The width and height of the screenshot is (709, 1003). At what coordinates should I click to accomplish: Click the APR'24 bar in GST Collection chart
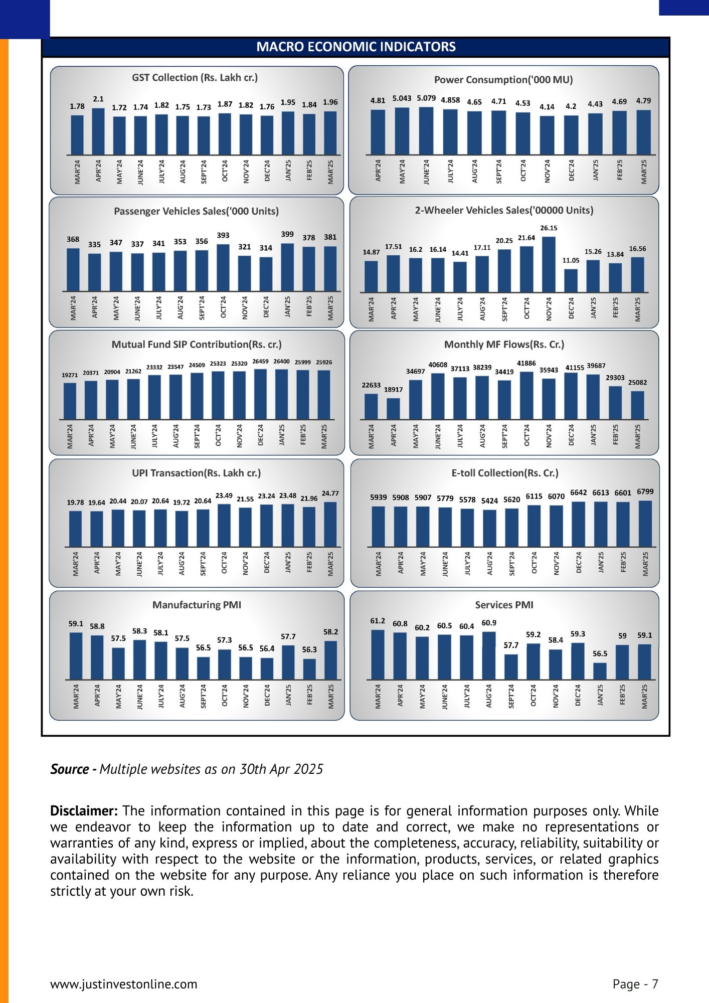click(x=98, y=131)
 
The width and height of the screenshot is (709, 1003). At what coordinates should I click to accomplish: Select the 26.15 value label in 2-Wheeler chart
click(x=549, y=228)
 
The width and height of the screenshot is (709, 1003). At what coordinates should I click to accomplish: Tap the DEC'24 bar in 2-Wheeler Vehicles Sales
click(x=571, y=280)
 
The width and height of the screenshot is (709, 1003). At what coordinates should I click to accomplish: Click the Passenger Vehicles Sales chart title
click(x=196, y=211)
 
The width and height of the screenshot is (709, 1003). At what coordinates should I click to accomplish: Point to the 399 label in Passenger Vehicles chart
click(x=287, y=234)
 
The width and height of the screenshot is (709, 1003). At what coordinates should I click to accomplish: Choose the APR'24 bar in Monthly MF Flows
click(x=393, y=409)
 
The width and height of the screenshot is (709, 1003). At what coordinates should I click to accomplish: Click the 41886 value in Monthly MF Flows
click(x=526, y=363)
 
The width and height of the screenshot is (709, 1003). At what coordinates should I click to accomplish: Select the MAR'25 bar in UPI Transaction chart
click(x=330, y=525)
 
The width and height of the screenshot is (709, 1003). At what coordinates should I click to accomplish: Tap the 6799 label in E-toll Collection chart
click(x=645, y=492)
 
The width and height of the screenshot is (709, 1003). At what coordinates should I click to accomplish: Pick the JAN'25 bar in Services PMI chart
click(x=600, y=671)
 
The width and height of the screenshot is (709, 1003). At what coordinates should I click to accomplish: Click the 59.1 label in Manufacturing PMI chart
click(x=76, y=624)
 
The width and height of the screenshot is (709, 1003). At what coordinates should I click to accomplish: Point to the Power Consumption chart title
click(x=503, y=80)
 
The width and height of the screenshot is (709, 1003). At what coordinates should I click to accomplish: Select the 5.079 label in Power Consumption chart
click(x=426, y=98)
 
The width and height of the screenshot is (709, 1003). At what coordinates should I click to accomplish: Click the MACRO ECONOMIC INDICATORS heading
click(x=356, y=47)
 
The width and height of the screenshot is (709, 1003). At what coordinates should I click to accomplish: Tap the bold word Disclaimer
click(x=84, y=811)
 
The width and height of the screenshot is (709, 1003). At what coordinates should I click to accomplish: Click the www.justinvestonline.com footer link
click(x=124, y=984)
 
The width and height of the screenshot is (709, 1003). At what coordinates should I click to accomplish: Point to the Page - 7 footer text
click(x=635, y=984)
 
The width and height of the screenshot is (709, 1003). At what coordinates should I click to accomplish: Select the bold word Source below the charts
click(x=70, y=769)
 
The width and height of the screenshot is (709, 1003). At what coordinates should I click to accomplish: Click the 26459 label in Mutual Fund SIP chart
click(x=260, y=362)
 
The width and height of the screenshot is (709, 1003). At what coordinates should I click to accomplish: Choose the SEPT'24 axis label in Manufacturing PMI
click(x=204, y=696)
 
